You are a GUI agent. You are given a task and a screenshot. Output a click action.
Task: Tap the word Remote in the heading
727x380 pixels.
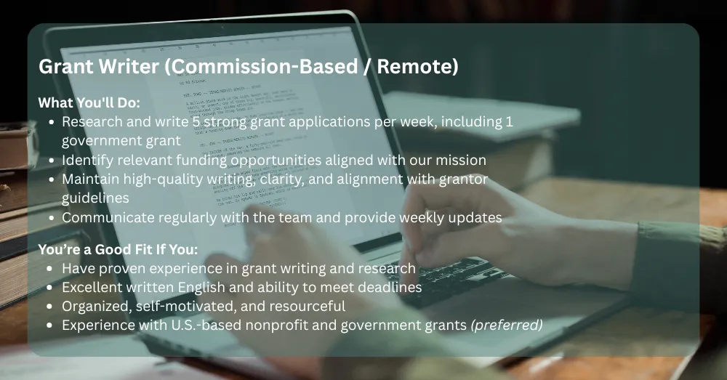[418, 66]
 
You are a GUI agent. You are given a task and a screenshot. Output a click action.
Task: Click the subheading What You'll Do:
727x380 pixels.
[89, 102]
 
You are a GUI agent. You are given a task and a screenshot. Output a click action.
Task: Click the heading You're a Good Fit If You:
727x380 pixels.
[118, 249]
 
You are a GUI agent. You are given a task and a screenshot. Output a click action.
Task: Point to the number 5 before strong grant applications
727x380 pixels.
[197, 122]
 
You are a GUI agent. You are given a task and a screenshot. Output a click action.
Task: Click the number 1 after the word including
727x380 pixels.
[510, 122]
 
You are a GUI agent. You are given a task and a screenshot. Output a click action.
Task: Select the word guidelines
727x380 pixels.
[95, 198]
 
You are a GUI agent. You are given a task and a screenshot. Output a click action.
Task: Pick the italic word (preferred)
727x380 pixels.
[507, 326]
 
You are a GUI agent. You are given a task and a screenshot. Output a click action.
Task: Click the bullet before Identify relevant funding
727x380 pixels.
[52, 161]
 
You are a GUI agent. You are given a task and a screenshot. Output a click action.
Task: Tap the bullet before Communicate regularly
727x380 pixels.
[52, 218]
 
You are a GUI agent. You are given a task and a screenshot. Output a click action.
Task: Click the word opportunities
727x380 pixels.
[276, 161]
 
